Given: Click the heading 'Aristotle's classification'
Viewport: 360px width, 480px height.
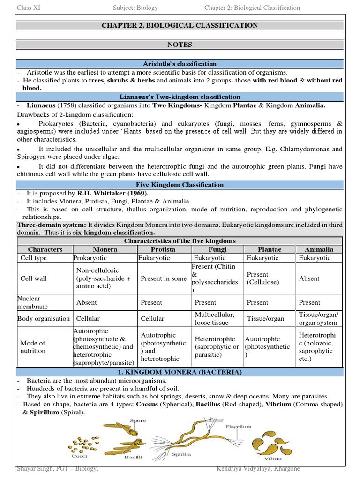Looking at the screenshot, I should click(180, 64).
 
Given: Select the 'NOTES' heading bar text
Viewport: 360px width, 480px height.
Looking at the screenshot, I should click(180, 45).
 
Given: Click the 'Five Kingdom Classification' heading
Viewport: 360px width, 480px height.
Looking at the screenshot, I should click(180, 185).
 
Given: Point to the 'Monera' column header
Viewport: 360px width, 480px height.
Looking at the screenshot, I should click(105, 249).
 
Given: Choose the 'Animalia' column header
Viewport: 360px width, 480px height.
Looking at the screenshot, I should click(319, 249).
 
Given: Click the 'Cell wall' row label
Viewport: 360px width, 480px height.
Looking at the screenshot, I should click(34, 278).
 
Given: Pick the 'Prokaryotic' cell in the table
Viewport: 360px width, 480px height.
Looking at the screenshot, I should click(90, 258).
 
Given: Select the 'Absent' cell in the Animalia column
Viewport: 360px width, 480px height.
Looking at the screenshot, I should click(309, 278).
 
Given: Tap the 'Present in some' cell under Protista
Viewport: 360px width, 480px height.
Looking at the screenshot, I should click(164, 278).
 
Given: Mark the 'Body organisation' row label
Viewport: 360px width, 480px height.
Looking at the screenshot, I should click(44, 319).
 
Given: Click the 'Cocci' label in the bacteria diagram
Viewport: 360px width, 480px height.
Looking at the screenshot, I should click(79, 455).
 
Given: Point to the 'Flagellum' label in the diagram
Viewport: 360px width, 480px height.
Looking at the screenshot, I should click(239, 427).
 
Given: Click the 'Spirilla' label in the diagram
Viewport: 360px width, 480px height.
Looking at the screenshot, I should click(182, 454).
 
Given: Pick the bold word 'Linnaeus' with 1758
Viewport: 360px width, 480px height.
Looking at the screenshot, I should click(41, 105).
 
